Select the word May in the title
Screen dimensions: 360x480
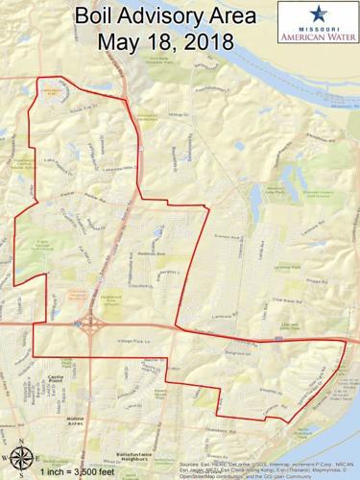coord(117,44)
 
